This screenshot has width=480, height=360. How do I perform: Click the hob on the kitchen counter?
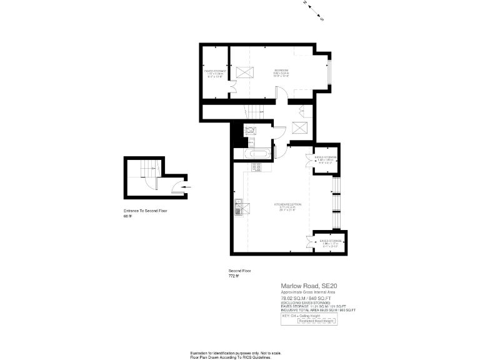point(256,167)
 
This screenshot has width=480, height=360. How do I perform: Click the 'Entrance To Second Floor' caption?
point(146,211)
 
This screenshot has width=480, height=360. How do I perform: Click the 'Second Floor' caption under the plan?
point(239,270)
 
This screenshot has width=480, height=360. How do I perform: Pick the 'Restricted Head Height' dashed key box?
point(316,321)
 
